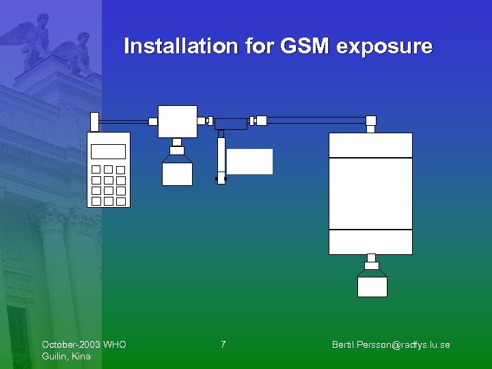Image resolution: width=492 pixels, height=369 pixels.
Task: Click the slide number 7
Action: [223, 344]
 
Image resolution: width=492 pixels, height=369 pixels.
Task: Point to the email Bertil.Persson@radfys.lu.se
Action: [391, 344]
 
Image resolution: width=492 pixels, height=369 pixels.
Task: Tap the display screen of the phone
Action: [109, 152]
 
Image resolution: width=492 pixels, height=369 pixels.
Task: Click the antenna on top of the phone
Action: [94, 122]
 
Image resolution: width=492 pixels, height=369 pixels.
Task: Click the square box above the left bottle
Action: [178, 122]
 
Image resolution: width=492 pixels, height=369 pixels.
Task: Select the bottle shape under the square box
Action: [177, 170]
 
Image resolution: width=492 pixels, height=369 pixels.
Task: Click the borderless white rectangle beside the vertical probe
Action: [249, 161]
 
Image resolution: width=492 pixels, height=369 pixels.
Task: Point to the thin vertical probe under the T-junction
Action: [221, 157]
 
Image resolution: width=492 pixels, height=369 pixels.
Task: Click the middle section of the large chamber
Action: [370, 193]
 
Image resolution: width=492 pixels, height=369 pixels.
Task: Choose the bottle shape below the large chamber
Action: [372, 284]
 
